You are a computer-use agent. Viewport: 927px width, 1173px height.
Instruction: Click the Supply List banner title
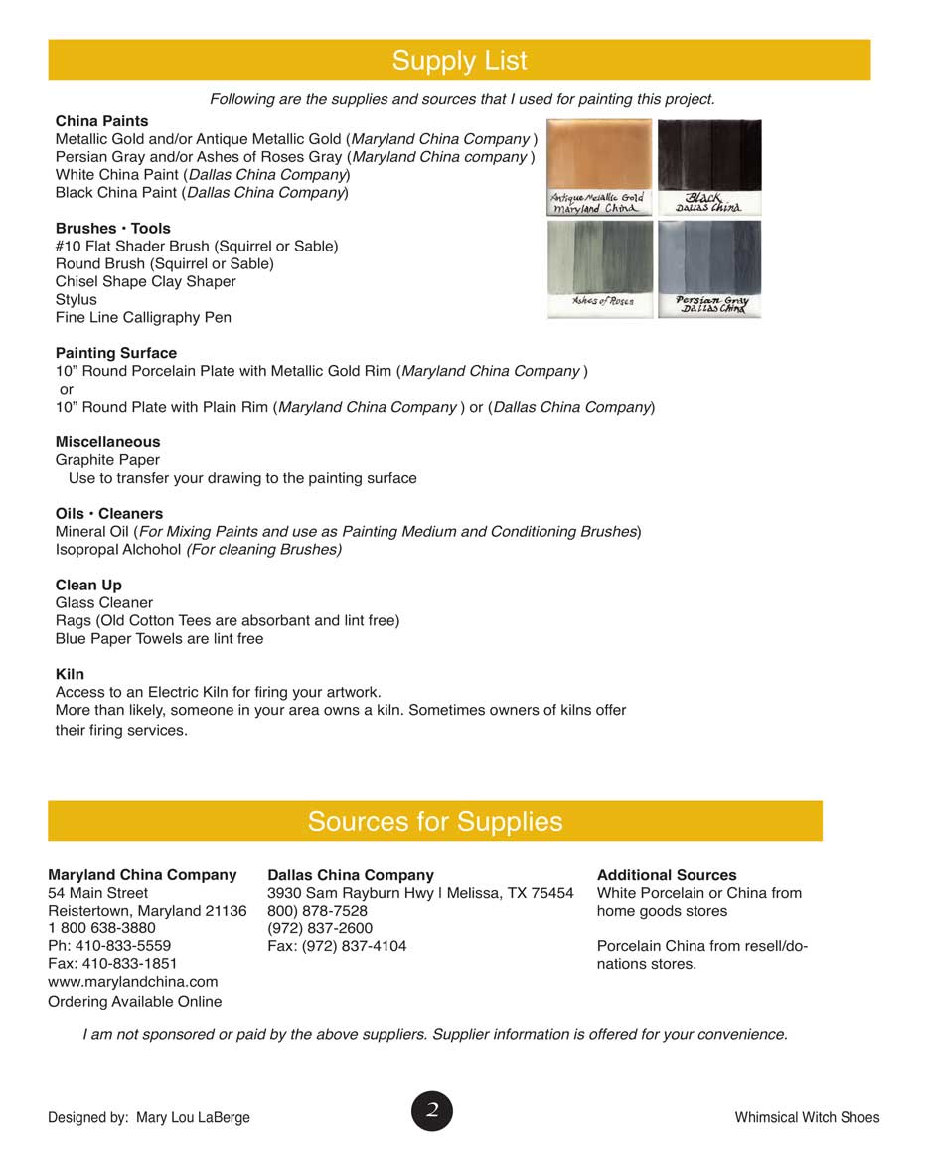pos(459,61)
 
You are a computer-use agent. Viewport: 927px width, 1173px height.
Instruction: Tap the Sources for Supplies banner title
pos(435,822)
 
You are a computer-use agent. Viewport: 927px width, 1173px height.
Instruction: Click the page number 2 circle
pos(432,1110)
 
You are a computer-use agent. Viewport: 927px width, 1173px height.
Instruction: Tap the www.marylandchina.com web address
pos(132,982)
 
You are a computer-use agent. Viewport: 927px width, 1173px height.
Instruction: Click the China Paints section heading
pos(102,121)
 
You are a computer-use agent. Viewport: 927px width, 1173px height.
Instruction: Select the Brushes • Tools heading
pos(113,229)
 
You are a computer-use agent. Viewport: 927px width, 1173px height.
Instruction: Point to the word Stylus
pos(77,300)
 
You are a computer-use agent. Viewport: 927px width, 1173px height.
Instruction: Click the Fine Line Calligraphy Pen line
pos(143,318)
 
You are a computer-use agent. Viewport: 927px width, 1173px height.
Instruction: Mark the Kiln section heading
pos(70,675)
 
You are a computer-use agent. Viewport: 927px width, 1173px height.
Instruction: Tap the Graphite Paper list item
pos(107,460)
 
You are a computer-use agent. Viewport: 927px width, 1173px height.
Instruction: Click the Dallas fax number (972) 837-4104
pos(337,946)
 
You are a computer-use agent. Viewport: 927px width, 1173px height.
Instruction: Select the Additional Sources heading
pos(667,875)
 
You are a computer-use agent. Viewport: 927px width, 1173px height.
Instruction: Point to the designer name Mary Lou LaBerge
pos(193,1118)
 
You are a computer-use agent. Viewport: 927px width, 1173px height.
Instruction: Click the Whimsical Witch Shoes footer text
pos(807,1118)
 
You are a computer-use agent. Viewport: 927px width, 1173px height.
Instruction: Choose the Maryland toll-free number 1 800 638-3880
pos(101,928)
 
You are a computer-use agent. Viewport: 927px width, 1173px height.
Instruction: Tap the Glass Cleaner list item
pos(104,603)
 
